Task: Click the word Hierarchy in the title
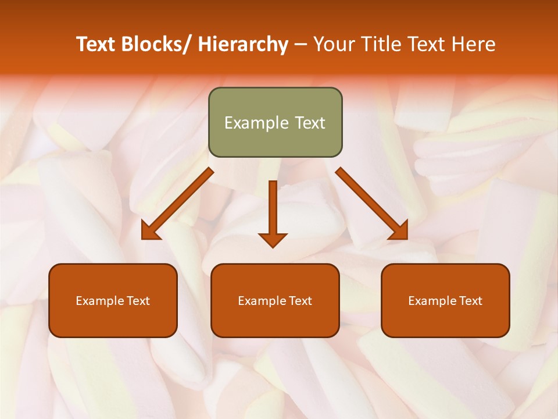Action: tap(243, 45)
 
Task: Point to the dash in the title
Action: tap(301, 45)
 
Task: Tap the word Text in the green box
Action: tap(309, 123)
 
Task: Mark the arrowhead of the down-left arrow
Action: tap(150, 232)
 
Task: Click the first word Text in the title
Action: tap(96, 45)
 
